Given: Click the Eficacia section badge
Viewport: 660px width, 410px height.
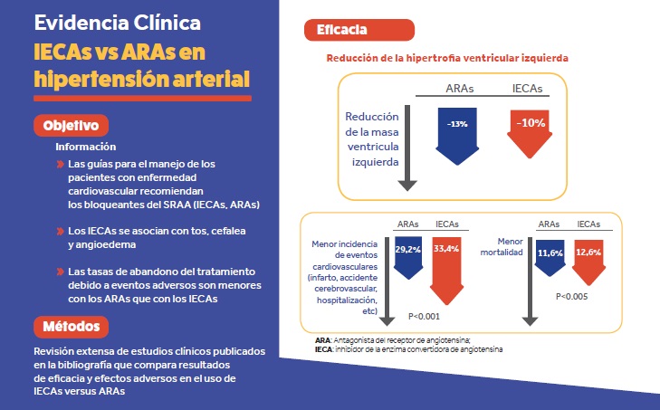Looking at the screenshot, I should [x=341, y=30].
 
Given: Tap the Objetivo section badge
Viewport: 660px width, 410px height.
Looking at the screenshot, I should [x=72, y=125].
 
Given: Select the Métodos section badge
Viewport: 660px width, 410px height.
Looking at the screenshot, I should [x=72, y=325].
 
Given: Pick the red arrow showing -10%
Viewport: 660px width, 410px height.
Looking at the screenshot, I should [x=530, y=129].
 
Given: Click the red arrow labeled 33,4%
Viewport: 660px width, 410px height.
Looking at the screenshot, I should [x=447, y=262].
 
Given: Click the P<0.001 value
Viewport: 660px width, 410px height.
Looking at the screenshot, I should [x=425, y=316].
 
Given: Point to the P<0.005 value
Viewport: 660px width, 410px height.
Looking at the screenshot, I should [x=570, y=296].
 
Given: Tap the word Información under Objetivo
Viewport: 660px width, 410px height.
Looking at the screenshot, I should [x=85, y=147].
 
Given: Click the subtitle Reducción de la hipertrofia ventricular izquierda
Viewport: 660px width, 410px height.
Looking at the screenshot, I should [x=447, y=57].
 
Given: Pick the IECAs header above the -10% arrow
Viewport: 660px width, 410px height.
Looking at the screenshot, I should [x=529, y=88].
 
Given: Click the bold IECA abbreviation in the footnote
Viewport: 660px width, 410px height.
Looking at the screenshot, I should [x=311, y=348].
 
